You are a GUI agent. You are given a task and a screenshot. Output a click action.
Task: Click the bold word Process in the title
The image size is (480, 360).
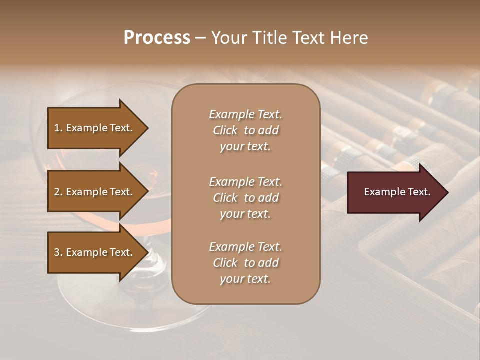tap(157, 38)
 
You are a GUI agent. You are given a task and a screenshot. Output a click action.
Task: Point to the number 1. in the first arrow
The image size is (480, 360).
tap(58, 128)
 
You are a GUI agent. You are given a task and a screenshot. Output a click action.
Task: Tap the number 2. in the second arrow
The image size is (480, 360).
tap(58, 192)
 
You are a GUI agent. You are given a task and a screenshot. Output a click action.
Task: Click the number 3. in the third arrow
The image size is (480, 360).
tap(58, 252)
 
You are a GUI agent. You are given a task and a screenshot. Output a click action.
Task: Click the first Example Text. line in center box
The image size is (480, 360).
tap(245, 114)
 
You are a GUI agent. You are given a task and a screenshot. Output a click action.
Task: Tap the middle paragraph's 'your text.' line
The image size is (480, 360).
tap(245, 214)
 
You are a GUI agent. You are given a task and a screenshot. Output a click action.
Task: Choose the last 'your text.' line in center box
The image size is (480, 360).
tap(245, 279)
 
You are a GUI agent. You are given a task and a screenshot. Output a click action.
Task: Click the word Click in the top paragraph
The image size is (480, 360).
tap(225, 130)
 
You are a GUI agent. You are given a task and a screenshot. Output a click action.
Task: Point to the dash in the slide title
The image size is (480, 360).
tap(200, 38)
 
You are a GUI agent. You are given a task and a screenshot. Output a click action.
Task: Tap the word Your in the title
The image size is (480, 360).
tap(227, 38)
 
